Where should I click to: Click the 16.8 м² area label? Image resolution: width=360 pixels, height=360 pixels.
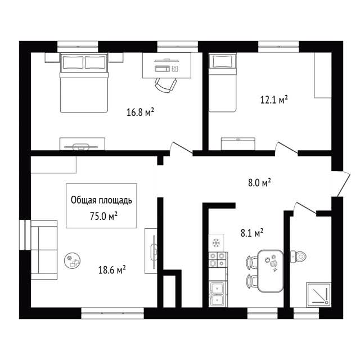pyautogui.click(x=140, y=112)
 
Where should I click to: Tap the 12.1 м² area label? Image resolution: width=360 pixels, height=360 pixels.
pyautogui.click(x=274, y=100)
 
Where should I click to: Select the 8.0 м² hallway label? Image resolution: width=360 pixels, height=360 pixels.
pyautogui.click(x=259, y=183)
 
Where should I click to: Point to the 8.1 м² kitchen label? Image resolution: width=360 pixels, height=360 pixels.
pyautogui.click(x=252, y=233)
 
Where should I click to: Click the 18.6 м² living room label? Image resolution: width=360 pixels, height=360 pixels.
pyautogui.click(x=112, y=270)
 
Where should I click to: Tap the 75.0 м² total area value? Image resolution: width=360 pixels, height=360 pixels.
pyautogui.click(x=103, y=216)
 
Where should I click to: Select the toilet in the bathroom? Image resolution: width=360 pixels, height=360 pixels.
pyautogui.click(x=298, y=256)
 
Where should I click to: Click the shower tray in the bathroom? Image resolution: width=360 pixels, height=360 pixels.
pyautogui.click(x=319, y=295)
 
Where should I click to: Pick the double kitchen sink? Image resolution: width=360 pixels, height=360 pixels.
pyautogui.click(x=218, y=294)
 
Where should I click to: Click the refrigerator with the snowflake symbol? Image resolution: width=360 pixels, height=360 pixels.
pyautogui.click(x=216, y=243)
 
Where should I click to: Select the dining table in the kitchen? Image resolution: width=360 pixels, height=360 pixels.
pyautogui.click(x=271, y=271)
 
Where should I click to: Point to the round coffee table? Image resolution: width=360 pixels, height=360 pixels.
pyautogui.click(x=73, y=261)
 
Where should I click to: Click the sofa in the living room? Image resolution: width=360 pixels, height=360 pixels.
pyautogui.click(x=44, y=250)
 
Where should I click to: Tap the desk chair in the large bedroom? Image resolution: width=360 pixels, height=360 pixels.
pyautogui.click(x=166, y=85)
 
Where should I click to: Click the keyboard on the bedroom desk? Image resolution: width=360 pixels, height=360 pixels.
pyautogui.click(x=163, y=69)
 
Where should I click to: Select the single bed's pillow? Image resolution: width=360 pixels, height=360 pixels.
pyautogui.click(x=222, y=61)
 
